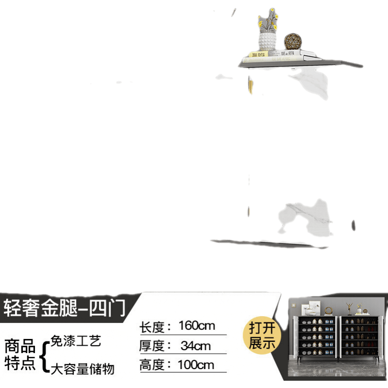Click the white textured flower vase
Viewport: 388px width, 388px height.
[x=267, y=41]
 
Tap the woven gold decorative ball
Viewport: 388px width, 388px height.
[x=293, y=41]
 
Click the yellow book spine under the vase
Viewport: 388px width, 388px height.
[x=259, y=54]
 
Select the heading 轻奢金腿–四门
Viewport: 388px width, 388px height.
[x=65, y=308]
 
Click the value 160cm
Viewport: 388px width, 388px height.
[x=197, y=325]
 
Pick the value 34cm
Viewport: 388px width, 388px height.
[x=195, y=346]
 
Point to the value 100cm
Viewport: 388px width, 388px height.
[x=196, y=365]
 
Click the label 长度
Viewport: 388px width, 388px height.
[x=152, y=327]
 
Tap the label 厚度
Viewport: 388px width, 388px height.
[x=152, y=346]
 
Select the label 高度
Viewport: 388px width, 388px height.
[x=152, y=365]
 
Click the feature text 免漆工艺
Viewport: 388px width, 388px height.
[x=76, y=341]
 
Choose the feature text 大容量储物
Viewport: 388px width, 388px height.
[x=82, y=369]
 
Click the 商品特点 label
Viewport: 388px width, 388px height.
[x=20, y=355]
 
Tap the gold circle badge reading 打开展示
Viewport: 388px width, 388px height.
[x=262, y=335]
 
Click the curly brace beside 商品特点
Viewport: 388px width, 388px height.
[x=45, y=357]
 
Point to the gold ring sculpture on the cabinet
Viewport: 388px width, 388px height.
[x=329, y=311]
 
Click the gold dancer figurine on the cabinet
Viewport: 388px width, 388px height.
[x=349, y=308]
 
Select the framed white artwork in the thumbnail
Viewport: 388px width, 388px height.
[x=311, y=308]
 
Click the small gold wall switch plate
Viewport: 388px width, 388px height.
[x=293, y=306]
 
